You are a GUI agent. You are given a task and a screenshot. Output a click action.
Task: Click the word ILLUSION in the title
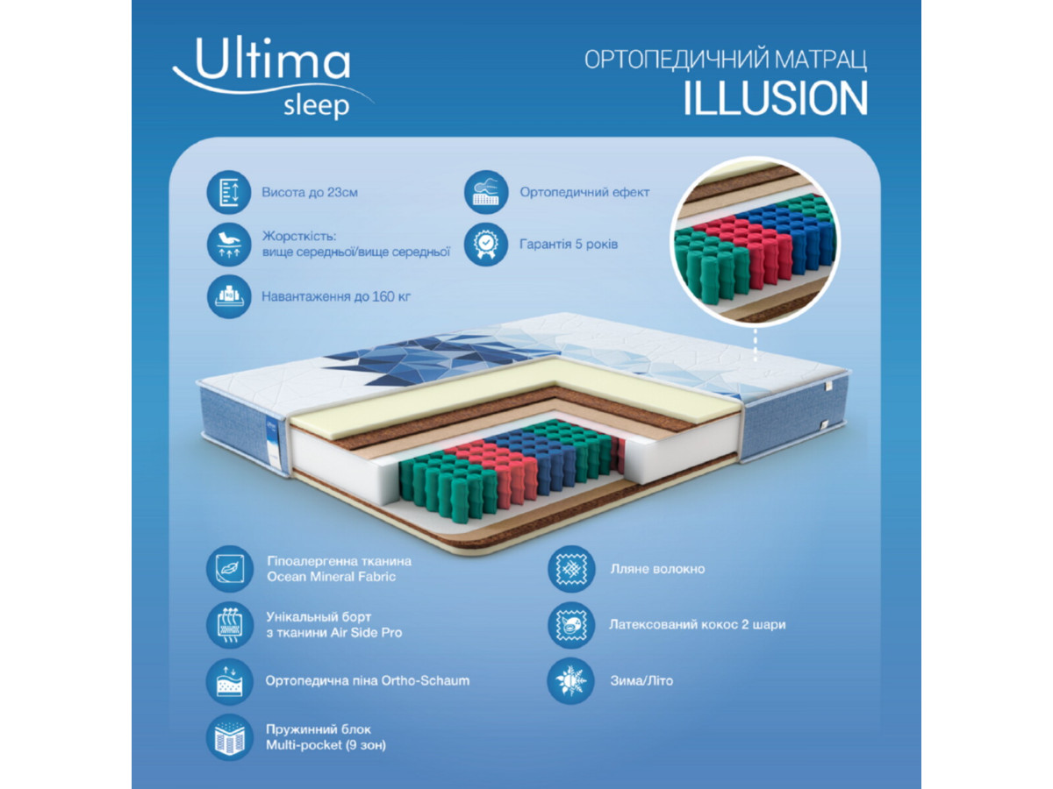tap(775, 98)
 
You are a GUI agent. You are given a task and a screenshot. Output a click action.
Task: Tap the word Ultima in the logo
tap(273, 60)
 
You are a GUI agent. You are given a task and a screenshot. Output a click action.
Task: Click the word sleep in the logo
tap(316, 106)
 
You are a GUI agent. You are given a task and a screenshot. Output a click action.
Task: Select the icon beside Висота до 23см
tap(229, 192)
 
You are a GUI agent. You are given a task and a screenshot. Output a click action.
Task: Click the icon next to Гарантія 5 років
tap(486, 245)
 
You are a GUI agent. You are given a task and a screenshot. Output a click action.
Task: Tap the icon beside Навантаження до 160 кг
tap(229, 296)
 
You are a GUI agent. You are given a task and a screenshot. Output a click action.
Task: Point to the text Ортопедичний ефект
tap(584, 193)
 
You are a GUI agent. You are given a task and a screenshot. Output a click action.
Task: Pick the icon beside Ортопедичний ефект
tap(486, 192)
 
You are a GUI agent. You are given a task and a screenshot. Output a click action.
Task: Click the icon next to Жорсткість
tap(229, 245)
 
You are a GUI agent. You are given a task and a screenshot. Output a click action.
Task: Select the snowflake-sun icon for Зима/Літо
tap(571, 681)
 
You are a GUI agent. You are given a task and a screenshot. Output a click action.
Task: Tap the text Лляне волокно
tap(657, 569)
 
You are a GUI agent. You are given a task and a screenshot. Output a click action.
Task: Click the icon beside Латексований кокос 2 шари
tap(571, 625)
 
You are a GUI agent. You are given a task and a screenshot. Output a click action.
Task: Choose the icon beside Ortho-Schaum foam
tap(230, 681)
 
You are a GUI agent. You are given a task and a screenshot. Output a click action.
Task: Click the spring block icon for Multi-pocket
tap(230, 737)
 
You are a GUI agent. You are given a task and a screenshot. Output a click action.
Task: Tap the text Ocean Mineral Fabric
tap(331, 577)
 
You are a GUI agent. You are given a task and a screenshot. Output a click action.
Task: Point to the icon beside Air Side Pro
tap(230, 625)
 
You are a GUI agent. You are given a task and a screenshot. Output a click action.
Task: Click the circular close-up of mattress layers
tap(756, 242)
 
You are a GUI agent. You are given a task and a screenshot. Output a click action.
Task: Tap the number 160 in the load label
tap(383, 297)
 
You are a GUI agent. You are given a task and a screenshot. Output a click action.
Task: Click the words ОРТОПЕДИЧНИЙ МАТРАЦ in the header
tap(726, 60)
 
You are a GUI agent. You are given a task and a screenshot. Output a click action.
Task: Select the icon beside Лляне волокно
tap(571, 569)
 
